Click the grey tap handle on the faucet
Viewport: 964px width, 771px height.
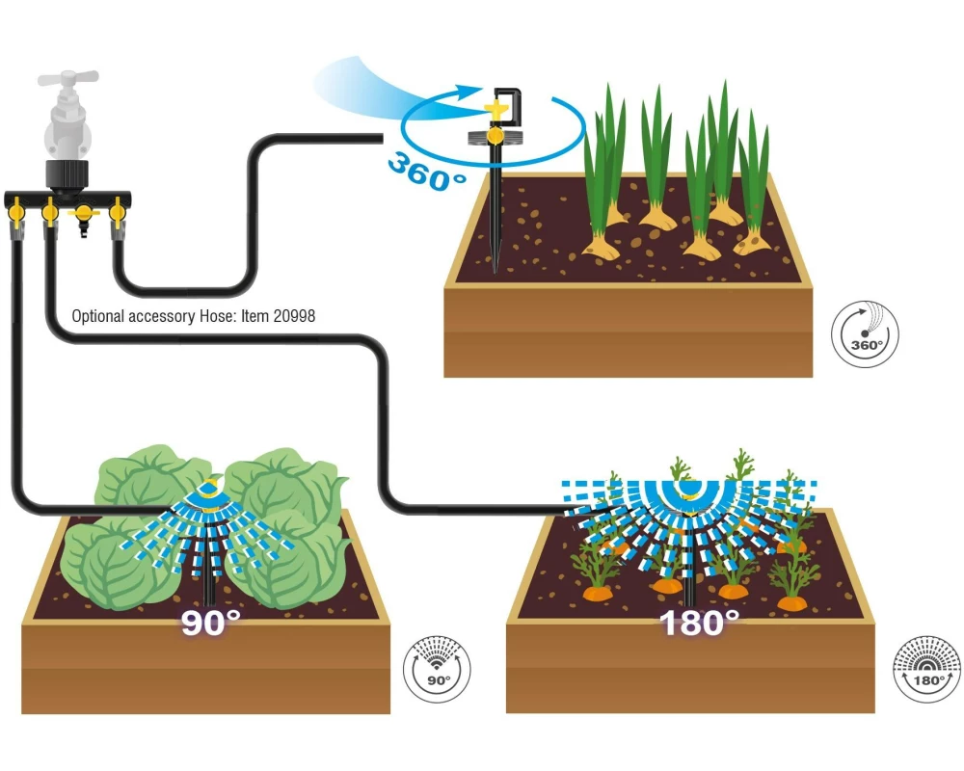(67, 79)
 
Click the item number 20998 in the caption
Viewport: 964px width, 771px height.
(294, 316)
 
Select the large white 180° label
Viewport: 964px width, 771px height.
(699, 623)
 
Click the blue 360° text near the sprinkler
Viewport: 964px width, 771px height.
(426, 173)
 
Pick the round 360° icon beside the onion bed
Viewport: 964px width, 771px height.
(865, 334)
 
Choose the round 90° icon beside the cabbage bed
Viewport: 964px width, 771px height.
(437, 670)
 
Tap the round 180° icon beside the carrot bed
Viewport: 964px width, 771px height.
(926, 669)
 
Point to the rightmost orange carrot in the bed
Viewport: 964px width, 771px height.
(790, 601)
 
